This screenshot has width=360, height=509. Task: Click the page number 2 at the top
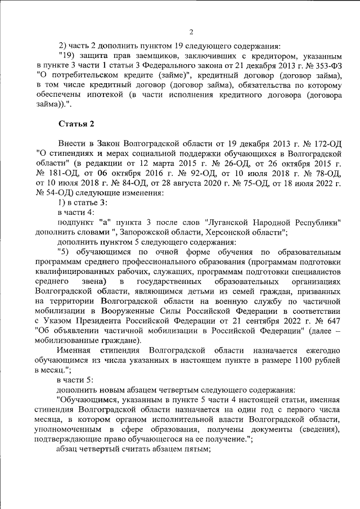(x=191, y=31)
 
